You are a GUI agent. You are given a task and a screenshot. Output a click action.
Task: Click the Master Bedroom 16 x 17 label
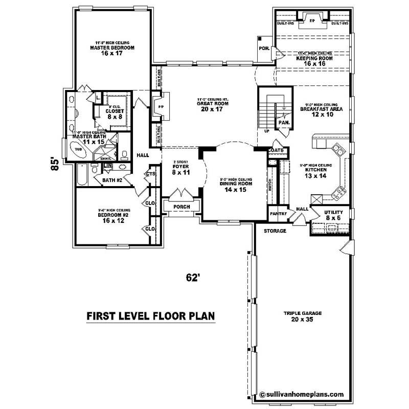coord(112,50)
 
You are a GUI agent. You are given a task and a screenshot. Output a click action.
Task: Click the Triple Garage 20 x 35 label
coord(301,316)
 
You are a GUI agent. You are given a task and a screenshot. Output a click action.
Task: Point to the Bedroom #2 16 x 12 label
coord(113,218)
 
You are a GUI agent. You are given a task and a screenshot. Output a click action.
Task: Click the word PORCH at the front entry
coord(181,207)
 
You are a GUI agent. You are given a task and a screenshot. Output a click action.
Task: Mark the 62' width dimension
coord(192,278)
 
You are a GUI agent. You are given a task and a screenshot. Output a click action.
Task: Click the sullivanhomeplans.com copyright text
coord(301,394)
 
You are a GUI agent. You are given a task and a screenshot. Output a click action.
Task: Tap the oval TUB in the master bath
coord(78,150)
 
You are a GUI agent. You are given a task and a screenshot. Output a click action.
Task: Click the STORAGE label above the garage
coord(275,231)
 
